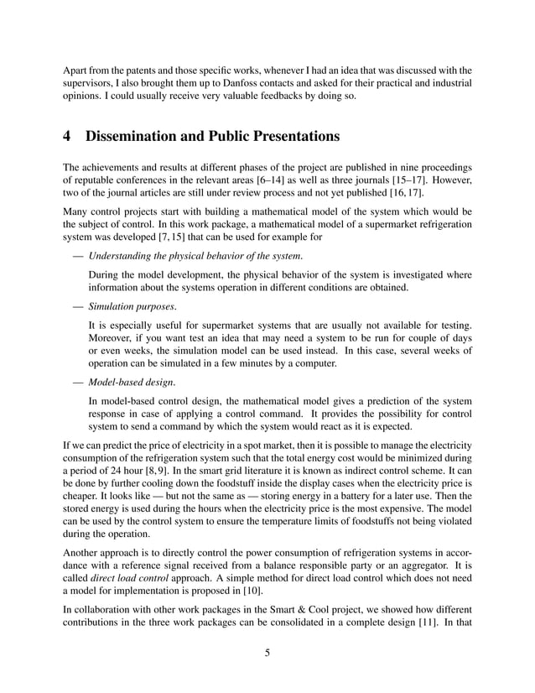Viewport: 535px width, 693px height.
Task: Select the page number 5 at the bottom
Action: [267, 654]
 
